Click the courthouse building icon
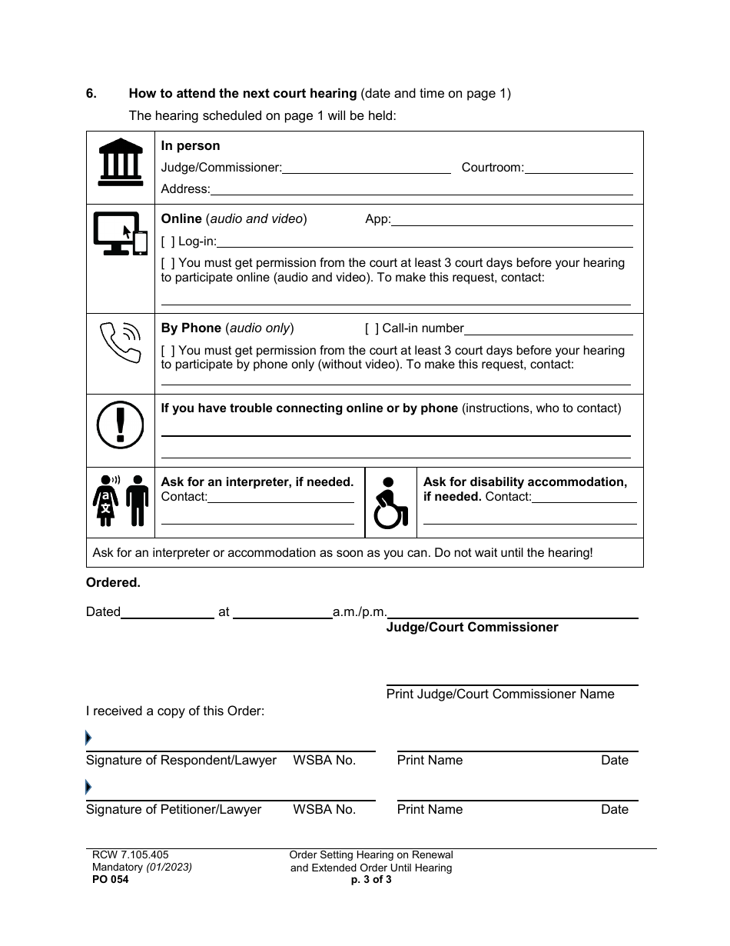pyautogui.click(x=121, y=162)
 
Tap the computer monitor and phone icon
pyautogui.click(x=120, y=234)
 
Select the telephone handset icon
pyautogui.click(x=121, y=343)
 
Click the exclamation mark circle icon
pyautogui.click(x=121, y=424)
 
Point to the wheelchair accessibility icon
pyautogui.click(x=390, y=502)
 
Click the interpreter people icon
pyautogui.click(x=121, y=500)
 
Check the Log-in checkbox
pyautogui.click(x=168, y=241)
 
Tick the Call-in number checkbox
pyautogui.click(x=372, y=328)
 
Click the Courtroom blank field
pyautogui.click(x=579, y=168)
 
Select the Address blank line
pyautogui.click(x=421, y=189)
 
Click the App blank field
pyautogui.click(x=512, y=220)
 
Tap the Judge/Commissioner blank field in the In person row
pyautogui.click(x=367, y=168)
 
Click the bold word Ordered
pyautogui.click(x=113, y=583)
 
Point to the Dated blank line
pyautogui.click(x=168, y=612)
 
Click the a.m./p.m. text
pyautogui.click(x=359, y=612)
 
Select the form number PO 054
pyautogui.click(x=108, y=881)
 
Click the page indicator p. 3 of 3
pyautogui.click(x=371, y=881)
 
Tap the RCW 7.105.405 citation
pyautogui.click(x=127, y=854)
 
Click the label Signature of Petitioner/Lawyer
pyautogui.click(x=174, y=809)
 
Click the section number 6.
pyautogui.click(x=91, y=94)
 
